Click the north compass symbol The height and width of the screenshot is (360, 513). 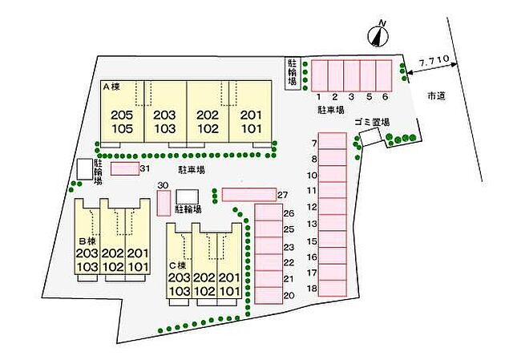[x=378, y=35]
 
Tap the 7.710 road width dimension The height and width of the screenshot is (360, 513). [x=434, y=60]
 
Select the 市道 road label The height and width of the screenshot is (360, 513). [x=436, y=95]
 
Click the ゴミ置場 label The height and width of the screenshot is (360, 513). [x=372, y=122]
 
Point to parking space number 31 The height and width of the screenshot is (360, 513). [x=125, y=169]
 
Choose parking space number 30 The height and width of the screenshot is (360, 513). [x=164, y=203]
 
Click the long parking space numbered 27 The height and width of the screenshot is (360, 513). [x=249, y=194]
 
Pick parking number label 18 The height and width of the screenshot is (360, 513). [x=313, y=289]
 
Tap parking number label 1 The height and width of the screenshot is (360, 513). [x=319, y=96]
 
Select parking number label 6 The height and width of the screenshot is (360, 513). [x=385, y=96]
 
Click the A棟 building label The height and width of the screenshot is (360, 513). [x=111, y=87]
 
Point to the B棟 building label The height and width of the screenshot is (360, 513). [x=87, y=241]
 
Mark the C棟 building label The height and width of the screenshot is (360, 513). [x=178, y=265]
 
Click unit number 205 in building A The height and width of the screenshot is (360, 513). [x=122, y=115]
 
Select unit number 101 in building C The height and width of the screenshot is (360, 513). [x=230, y=291]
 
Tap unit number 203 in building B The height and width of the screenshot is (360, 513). [x=87, y=253]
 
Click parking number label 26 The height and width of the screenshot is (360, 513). [x=289, y=213]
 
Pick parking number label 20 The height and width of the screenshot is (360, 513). [x=289, y=296]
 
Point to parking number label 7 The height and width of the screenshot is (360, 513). [x=314, y=143]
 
